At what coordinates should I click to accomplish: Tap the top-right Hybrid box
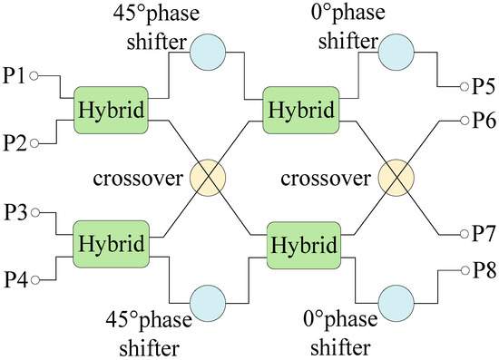(x=300, y=108)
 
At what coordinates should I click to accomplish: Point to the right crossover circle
(x=396, y=177)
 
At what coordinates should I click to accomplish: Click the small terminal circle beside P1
(x=34, y=77)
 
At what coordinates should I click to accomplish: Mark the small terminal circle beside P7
(x=462, y=233)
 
